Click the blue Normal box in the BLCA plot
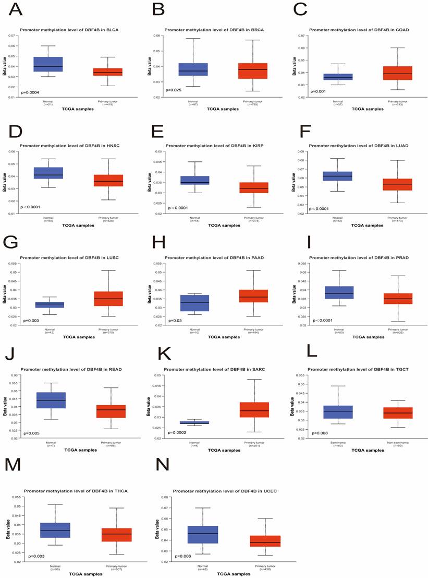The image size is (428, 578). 48,64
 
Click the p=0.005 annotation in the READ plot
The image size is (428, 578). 31,433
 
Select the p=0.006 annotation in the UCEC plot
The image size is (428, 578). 182,557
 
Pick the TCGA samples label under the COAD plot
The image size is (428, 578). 368,109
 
